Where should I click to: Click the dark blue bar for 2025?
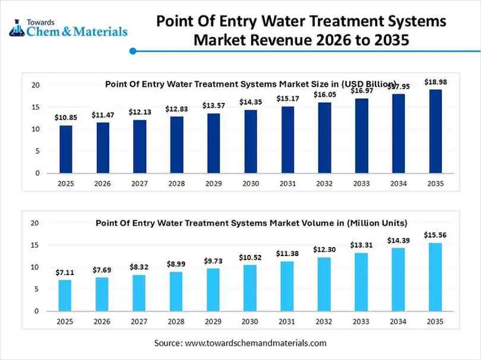[x=65, y=149]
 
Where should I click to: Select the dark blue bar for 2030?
[x=251, y=141]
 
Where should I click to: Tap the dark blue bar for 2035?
[x=435, y=131]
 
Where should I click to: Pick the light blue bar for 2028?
[x=176, y=291]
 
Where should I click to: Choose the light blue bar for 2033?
[x=362, y=282]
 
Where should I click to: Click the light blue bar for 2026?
[x=102, y=294]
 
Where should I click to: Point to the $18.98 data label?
[x=435, y=81]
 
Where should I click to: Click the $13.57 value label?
[x=214, y=105]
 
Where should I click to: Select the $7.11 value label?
[x=65, y=272]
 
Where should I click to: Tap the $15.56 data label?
[x=435, y=235]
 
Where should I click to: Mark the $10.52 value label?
[x=251, y=257]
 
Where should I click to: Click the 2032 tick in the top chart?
[x=324, y=184]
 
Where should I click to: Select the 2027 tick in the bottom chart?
[x=140, y=321]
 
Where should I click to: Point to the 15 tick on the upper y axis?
[x=36, y=108]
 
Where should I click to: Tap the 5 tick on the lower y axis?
[x=36, y=289]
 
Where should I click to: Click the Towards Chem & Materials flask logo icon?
[x=17, y=27]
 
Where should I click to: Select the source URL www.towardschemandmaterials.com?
[x=256, y=343]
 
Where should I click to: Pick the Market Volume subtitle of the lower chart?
[x=251, y=223]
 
